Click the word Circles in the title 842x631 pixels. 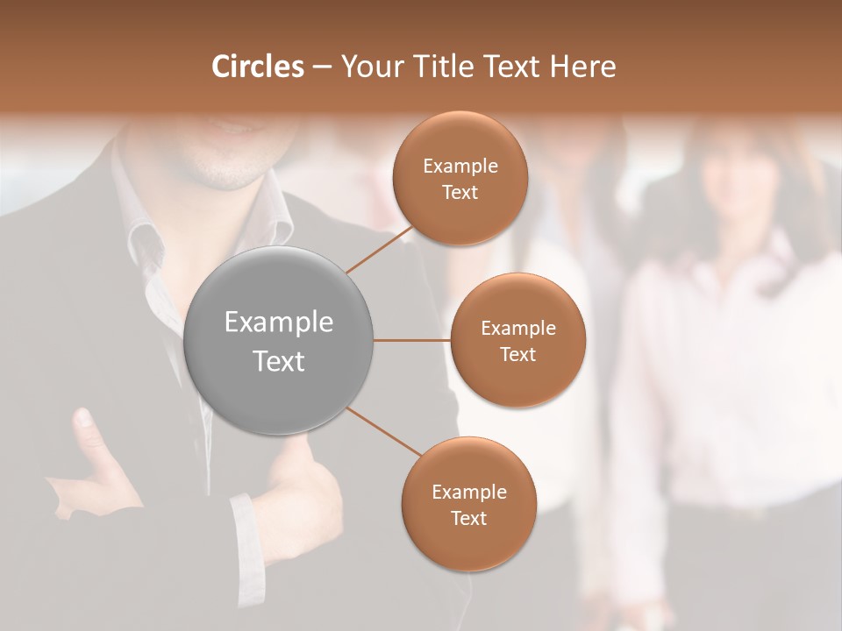click(258, 67)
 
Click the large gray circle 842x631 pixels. click(279, 341)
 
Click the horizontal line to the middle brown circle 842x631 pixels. click(411, 340)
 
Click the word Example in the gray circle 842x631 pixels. click(279, 323)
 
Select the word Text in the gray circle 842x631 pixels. click(279, 361)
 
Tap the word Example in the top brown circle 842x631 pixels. click(460, 166)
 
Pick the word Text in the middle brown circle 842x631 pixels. click(517, 354)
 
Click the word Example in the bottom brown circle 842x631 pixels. click(468, 492)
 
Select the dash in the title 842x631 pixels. click(321, 67)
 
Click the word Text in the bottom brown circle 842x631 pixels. click(468, 518)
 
